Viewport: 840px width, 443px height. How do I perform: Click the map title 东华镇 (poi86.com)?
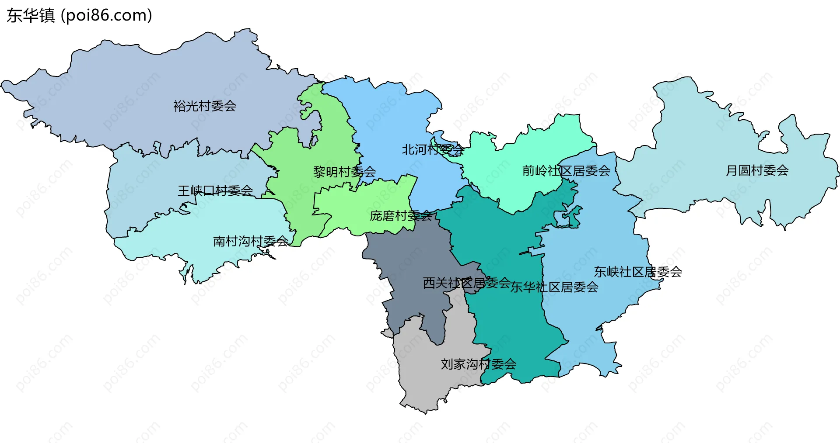79,15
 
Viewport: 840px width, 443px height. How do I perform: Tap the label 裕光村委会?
205,106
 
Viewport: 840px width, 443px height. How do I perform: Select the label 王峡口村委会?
215,190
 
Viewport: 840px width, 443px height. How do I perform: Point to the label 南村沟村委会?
251,241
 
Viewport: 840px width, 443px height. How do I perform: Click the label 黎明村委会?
344,172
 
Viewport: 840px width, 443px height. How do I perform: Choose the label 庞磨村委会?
401,215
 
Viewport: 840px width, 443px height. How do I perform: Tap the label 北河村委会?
433,150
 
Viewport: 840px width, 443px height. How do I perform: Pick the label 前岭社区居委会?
566,170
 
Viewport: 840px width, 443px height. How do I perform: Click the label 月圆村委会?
757,170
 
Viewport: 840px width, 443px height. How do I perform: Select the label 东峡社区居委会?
638,272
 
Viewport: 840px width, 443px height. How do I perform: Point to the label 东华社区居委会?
554,287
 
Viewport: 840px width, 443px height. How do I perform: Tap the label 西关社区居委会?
467,283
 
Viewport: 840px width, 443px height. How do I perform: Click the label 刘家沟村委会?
479,364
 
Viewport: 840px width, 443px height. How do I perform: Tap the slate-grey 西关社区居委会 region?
407,262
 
